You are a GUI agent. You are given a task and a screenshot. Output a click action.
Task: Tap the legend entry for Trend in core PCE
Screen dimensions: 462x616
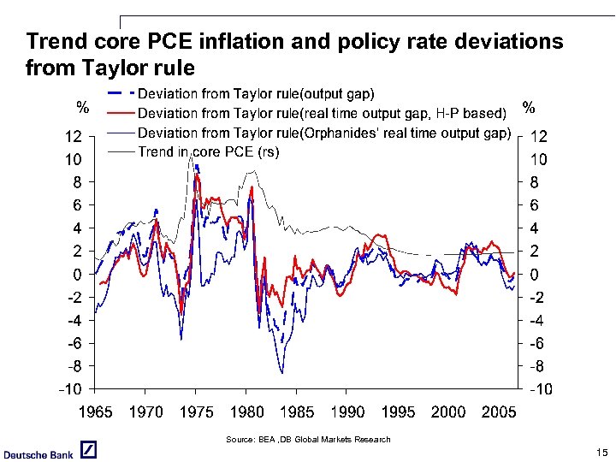(x=209, y=151)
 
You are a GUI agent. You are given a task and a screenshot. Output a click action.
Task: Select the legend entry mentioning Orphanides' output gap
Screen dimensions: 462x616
(x=324, y=133)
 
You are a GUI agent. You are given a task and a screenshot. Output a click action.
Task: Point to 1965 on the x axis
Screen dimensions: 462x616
(x=95, y=412)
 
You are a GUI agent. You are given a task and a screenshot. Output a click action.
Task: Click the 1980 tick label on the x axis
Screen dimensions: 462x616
(x=246, y=412)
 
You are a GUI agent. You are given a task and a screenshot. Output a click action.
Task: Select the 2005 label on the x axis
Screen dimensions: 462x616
(x=498, y=412)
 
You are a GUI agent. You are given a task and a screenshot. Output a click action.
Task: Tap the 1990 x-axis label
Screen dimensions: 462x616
(x=347, y=412)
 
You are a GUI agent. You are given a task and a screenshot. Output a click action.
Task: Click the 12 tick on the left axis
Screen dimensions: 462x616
(x=74, y=136)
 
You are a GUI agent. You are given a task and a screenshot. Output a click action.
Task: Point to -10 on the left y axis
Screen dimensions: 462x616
(x=70, y=389)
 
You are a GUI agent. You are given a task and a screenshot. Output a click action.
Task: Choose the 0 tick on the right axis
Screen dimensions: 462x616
(x=536, y=275)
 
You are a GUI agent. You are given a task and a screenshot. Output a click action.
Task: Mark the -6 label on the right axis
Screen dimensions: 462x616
(x=539, y=344)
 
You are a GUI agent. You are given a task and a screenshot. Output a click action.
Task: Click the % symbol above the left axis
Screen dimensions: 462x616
(x=83, y=108)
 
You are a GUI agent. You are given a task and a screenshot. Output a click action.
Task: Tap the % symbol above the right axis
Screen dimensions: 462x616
(x=529, y=108)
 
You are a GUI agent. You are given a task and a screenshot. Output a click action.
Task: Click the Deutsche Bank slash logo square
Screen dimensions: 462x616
(x=88, y=451)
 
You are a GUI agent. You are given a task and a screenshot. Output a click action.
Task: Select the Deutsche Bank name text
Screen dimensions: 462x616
(x=38, y=453)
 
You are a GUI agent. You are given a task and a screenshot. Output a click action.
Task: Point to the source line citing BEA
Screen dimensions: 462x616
(x=307, y=439)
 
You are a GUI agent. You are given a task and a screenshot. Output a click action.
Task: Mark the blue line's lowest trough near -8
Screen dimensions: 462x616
(x=281, y=372)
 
